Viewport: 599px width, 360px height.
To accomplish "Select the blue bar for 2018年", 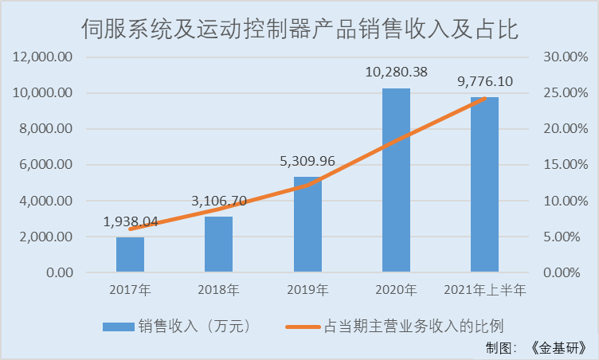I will pos(218,245).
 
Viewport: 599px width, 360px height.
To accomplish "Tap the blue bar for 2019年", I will pos(307,225).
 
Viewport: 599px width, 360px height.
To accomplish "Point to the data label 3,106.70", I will pos(219,202).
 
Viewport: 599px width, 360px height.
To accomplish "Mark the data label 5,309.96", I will pos(307,162).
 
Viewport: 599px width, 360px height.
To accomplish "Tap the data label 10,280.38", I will pos(396,72).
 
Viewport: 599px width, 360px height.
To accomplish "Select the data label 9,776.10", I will pos(484,81).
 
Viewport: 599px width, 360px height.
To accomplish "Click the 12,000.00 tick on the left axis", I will pos(43,57).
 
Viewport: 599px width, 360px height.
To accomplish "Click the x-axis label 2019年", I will pos(307,290).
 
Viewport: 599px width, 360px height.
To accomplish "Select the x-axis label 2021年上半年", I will pos(484,290).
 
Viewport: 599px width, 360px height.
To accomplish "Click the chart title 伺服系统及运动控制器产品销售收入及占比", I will pos(299,30).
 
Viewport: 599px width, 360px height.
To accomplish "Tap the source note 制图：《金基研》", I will pos(540,347).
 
